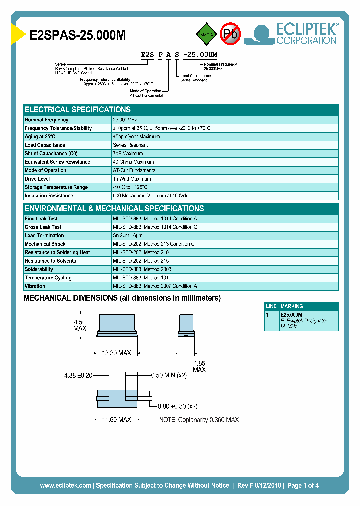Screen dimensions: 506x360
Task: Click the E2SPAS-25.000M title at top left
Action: click(78, 35)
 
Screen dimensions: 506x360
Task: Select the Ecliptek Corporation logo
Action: click(295, 34)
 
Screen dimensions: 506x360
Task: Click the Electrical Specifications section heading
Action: click(78, 109)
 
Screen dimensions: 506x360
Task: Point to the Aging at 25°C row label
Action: click(40, 136)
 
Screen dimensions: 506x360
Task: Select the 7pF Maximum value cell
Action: click(128, 153)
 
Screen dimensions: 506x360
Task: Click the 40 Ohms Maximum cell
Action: click(133, 162)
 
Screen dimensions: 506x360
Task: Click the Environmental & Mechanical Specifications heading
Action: click(114, 208)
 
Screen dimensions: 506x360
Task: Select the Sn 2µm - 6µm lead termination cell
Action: click(128, 235)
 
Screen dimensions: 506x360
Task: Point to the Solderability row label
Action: click(39, 269)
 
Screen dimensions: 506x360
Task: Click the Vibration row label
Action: click(35, 286)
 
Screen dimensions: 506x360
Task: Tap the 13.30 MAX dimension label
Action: click(116, 353)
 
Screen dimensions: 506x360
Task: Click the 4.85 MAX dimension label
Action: click(199, 366)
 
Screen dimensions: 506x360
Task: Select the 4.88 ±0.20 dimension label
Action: click(78, 375)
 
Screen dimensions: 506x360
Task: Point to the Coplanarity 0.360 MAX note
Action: click(199, 419)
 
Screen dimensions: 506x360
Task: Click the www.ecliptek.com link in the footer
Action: click(65, 485)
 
